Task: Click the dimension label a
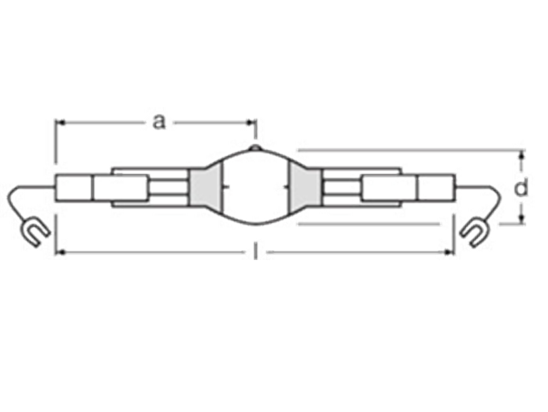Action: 159,123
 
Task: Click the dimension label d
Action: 521,188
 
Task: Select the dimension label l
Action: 256,251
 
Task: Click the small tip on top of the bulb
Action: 256,148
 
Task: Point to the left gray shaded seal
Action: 205,187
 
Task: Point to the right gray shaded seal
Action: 305,187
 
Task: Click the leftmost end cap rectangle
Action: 74,188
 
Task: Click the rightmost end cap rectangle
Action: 437,188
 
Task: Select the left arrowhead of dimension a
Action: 60,123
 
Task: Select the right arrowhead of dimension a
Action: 251,123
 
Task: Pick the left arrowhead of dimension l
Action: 60,251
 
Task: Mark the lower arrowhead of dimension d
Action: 521,218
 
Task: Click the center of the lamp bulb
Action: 256,187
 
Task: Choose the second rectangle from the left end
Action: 121,188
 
